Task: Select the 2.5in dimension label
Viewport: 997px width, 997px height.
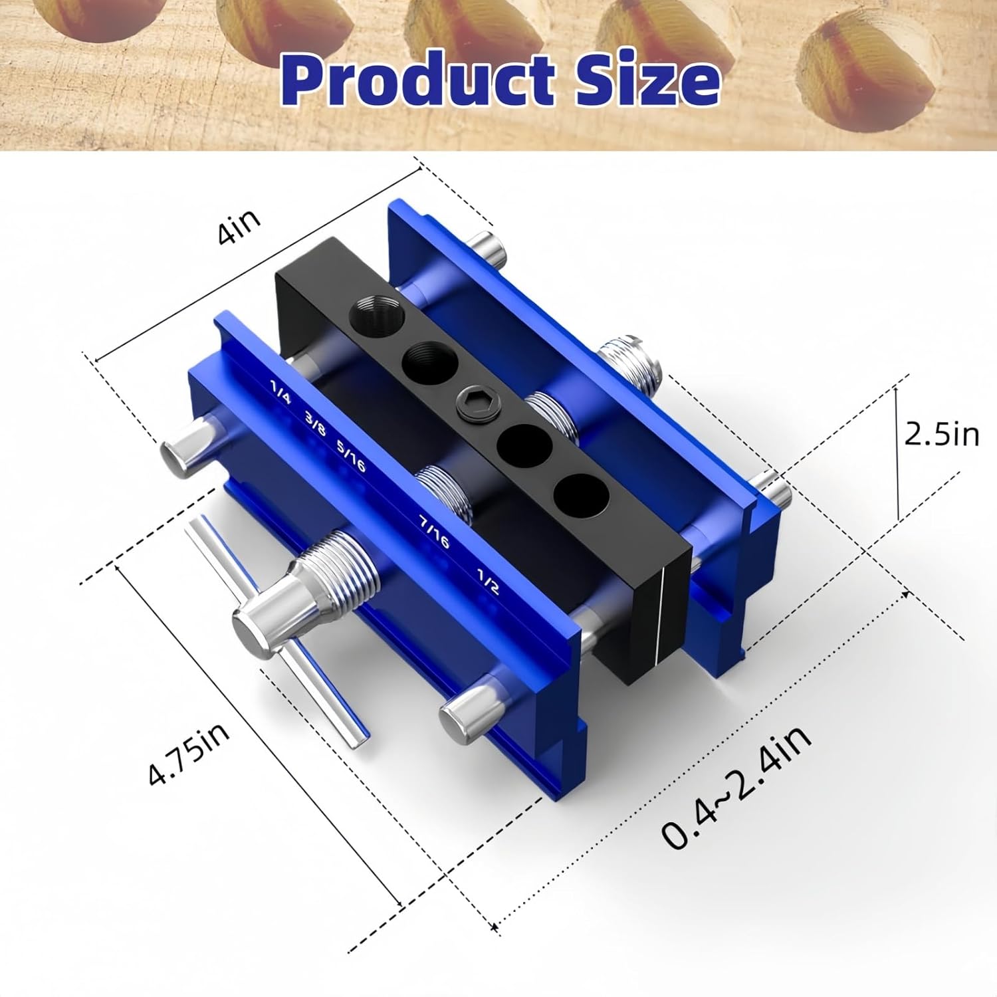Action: [941, 434]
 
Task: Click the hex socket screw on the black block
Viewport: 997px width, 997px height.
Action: [471, 403]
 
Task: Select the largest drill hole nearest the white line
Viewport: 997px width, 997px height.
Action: [580, 495]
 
